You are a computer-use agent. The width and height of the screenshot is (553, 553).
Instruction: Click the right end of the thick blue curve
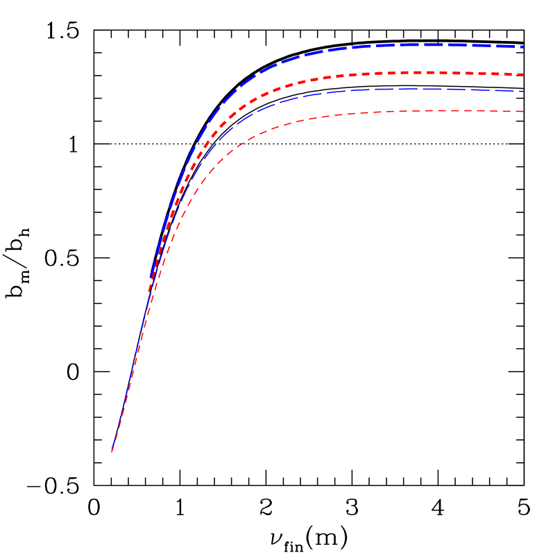[522, 46]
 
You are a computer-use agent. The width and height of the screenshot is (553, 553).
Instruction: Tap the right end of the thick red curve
[522, 74]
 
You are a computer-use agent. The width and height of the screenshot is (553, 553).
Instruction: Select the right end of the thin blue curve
[522, 91]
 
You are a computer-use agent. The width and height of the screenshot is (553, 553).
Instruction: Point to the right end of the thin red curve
[522, 111]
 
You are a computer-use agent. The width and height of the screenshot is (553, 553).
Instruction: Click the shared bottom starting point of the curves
[112, 451]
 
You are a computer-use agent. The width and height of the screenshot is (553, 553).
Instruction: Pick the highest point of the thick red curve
[423, 72]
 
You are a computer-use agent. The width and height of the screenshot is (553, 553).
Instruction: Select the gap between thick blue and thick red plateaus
[416, 58]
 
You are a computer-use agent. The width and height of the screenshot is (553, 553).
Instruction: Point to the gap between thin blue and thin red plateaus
[416, 100]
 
